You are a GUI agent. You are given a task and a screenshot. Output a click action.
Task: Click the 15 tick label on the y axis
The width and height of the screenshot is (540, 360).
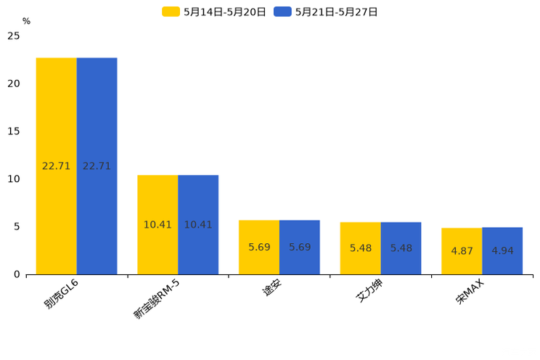coord(14,131)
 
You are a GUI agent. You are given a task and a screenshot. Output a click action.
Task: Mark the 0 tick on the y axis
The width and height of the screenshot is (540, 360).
coord(17,274)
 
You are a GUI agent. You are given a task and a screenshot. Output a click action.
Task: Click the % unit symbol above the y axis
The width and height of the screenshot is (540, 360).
coord(26,22)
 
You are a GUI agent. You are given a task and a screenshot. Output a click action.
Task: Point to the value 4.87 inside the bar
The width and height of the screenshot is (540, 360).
coord(462,251)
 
